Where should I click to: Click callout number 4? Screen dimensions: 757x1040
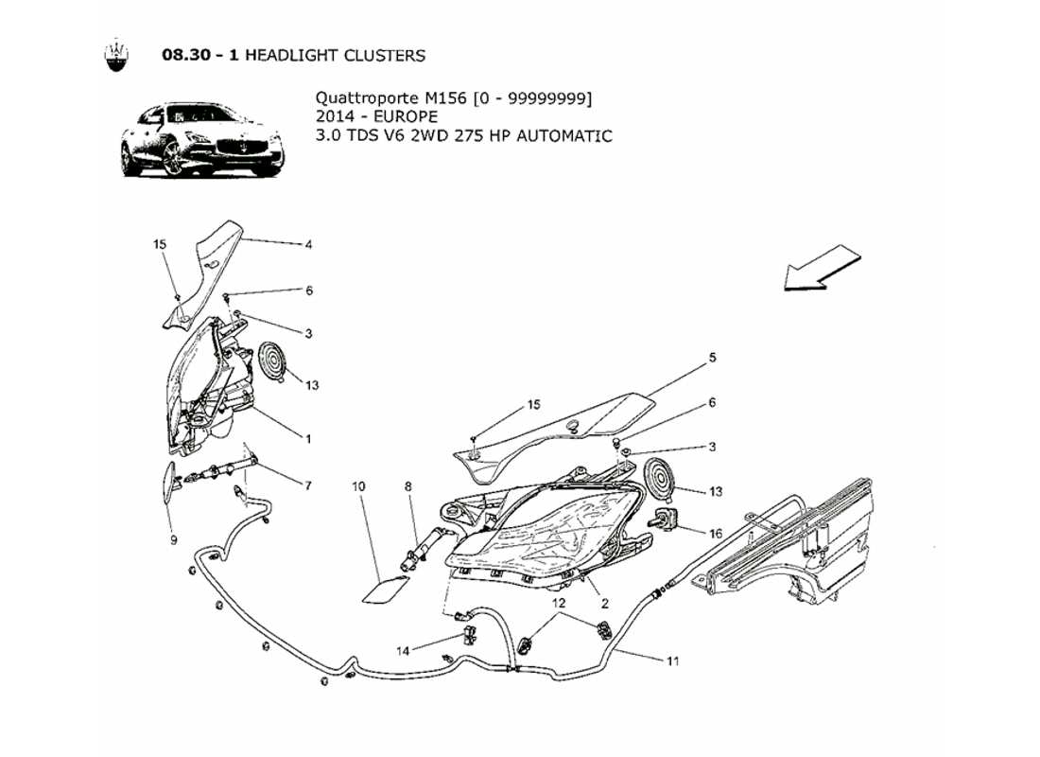(x=308, y=244)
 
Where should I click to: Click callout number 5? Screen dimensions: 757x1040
(x=713, y=358)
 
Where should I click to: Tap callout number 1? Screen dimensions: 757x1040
(x=308, y=438)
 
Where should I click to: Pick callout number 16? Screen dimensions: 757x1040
(x=715, y=534)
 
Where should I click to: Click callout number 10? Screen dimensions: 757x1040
(x=358, y=486)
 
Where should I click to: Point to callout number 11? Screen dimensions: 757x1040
(x=672, y=661)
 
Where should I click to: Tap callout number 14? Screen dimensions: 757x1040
(x=404, y=651)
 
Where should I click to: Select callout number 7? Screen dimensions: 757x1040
(x=308, y=485)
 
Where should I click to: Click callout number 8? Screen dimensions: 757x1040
(x=408, y=486)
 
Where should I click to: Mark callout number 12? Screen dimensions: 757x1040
(x=560, y=603)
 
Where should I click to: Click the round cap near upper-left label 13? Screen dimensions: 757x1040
(x=273, y=362)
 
